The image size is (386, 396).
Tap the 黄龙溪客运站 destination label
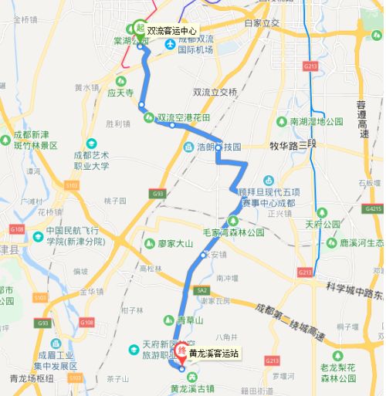coord(214,354)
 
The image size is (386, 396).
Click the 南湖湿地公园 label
coord(316,122)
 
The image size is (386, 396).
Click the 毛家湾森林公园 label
coord(234,232)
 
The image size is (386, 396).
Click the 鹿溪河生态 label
coord(361,242)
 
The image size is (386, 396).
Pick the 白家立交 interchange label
coord(261,23)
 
